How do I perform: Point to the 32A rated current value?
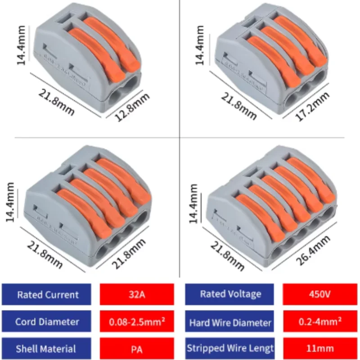pyautogui.click(x=136, y=295)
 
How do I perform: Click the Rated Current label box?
pyautogui.click(x=48, y=295)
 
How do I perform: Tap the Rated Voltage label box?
pyautogui.click(x=230, y=295)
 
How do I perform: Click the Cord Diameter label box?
pyautogui.click(x=48, y=321)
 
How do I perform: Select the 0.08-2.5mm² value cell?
pyautogui.click(x=136, y=322)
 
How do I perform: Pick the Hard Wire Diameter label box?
pyautogui.click(x=230, y=322)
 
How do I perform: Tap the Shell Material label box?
pyautogui.click(x=48, y=348)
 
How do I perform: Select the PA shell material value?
pyautogui.click(x=136, y=348)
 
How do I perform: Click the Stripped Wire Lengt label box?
pyautogui.click(x=230, y=348)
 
